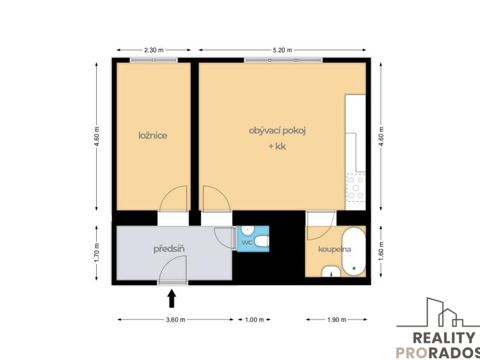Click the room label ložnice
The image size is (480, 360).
pyautogui.click(x=153, y=135)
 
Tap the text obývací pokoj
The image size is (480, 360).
pyautogui.click(x=277, y=131)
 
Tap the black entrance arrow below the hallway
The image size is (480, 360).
pyautogui.click(x=171, y=298)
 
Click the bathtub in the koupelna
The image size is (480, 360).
pyautogui.click(x=353, y=250)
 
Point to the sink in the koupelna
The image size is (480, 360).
pyautogui.click(x=330, y=271)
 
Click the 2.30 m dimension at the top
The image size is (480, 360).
pyautogui.click(x=153, y=50)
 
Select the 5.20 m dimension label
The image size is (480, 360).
pyautogui.click(x=282, y=50)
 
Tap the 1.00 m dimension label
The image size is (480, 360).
pyautogui.click(x=254, y=320)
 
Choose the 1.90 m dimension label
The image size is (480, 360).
pyautogui.click(x=336, y=320)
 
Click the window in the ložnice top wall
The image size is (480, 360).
pyautogui.click(x=153, y=60)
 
